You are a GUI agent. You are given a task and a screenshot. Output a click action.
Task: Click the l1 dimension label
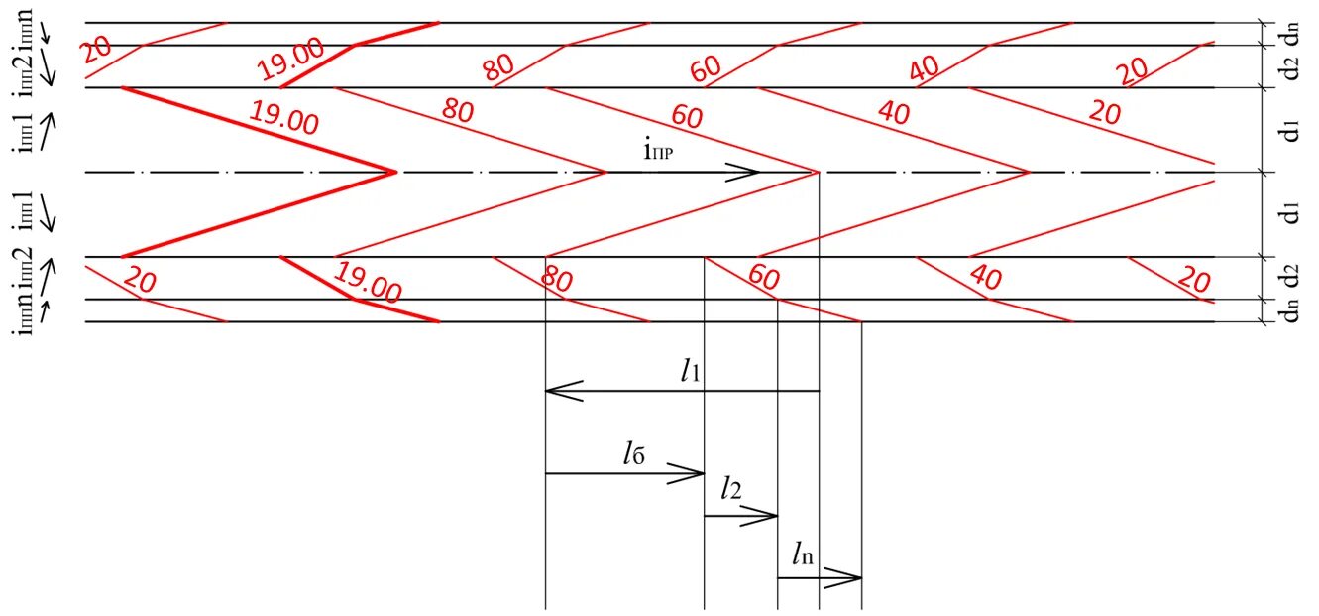pyautogui.click(x=692, y=372)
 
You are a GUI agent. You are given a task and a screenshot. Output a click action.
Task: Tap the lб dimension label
pyautogui.click(x=635, y=455)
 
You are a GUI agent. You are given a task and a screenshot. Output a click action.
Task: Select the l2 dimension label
pyautogui.click(x=732, y=488)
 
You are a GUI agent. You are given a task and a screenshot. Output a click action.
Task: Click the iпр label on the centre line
pyautogui.click(x=658, y=152)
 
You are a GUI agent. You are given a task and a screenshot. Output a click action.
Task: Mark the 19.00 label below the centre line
pyautogui.click(x=368, y=283)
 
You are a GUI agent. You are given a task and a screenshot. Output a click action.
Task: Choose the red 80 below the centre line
pyautogui.click(x=557, y=278)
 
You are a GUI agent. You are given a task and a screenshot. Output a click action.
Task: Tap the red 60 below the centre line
pyautogui.click(x=764, y=277)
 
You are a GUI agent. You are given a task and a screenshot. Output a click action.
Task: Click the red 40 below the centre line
pyautogui.click(x=985, y=277)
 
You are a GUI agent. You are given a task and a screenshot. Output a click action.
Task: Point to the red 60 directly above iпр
pyautogui.click(x=686, y=117)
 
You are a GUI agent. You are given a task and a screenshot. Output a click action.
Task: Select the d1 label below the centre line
pyautogui.click(x=1289, y=212)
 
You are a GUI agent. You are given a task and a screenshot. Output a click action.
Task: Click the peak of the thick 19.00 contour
pyautogui.click(x=395, y=173)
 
